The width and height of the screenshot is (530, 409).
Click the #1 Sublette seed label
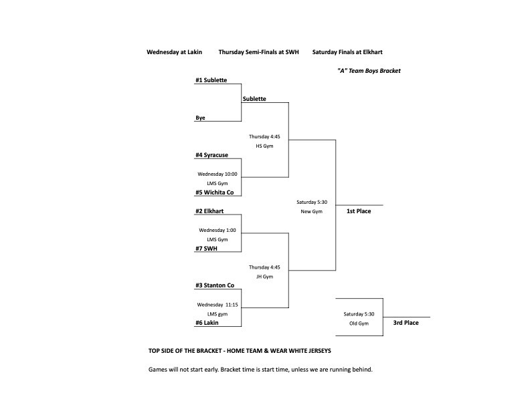coord(211,80)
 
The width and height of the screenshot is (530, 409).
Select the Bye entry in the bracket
coord(200,118)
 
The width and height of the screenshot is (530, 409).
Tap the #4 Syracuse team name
coord(211,155)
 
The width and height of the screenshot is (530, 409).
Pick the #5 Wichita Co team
coord(214,192)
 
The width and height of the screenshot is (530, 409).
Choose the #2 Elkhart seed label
coord(209,211)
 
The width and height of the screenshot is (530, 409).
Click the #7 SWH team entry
coord(206,249)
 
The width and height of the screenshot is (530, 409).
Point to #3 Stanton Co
coord(214,285)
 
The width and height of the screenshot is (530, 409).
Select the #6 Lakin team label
coord(207,323)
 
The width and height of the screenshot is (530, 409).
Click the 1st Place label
coord(358,211)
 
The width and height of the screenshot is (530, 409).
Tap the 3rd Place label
coord(406,323)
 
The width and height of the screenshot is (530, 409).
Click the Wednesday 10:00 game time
coord(217,174)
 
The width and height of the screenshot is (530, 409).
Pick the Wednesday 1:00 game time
coord(217,230)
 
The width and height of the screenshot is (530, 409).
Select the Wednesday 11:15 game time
coord(217,305)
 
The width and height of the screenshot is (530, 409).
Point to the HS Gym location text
coord(264,146)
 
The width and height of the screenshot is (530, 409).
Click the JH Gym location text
coord(264,276)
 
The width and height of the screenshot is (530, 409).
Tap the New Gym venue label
coord(311,211)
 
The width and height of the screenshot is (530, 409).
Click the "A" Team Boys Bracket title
coord(369,71)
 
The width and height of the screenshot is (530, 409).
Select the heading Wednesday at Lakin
coord(175,52)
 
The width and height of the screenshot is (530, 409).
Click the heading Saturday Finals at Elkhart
coord(347,52)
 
